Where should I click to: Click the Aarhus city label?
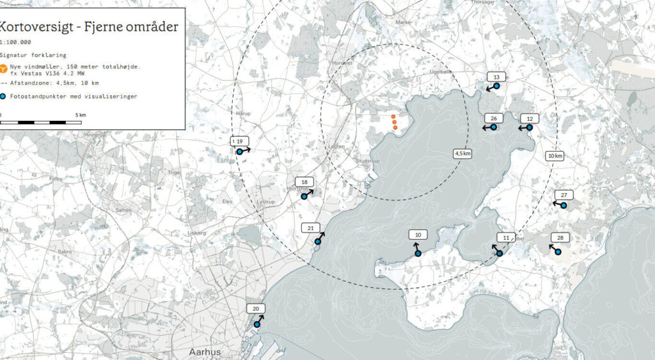pyautogui.click(x=205, y=352)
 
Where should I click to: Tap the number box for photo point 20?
pyautogui.click(x=256, y=309)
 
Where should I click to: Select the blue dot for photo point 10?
pyautogui.click(x=418, y=253)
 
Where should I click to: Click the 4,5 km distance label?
pyautogui.click(x=462, y=153)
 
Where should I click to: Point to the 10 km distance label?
pyautogui.click(x=555, y=156)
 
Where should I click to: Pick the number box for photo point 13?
pyautogui.click(x=496, y=77)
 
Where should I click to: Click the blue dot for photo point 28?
pyautogui.click(x=557, y=252)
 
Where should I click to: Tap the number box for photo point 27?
pyautogui.click(x=564, y=195)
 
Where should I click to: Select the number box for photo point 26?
pyautogui.click(x=494, y=118)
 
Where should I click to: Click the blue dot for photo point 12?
pyautogui.click(x=530, y=128)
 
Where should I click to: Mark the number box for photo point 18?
pyautogui.click(x=304, y=182)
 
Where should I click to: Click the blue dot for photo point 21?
pyautogui.click(x=317, y=242)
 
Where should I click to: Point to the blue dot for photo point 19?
pyautogui.click(x=239, y=152)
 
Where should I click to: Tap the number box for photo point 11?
pyautogui.click(x=506, y=238)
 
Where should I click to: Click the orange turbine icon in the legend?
pyautogui.click(x=3, y=68)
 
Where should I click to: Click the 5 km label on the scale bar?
pyautogui.click(x=81, y=115)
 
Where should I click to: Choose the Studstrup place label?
pyautogui.click(x=368, y=161)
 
